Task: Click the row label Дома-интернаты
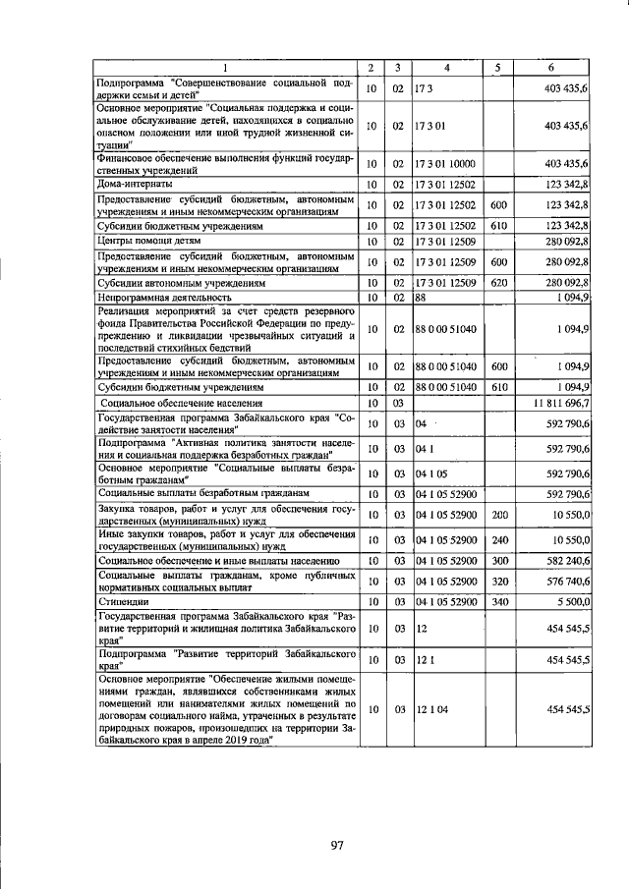point(136,184)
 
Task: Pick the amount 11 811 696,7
point(559,403)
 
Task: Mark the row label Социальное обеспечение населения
point(181,403)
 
